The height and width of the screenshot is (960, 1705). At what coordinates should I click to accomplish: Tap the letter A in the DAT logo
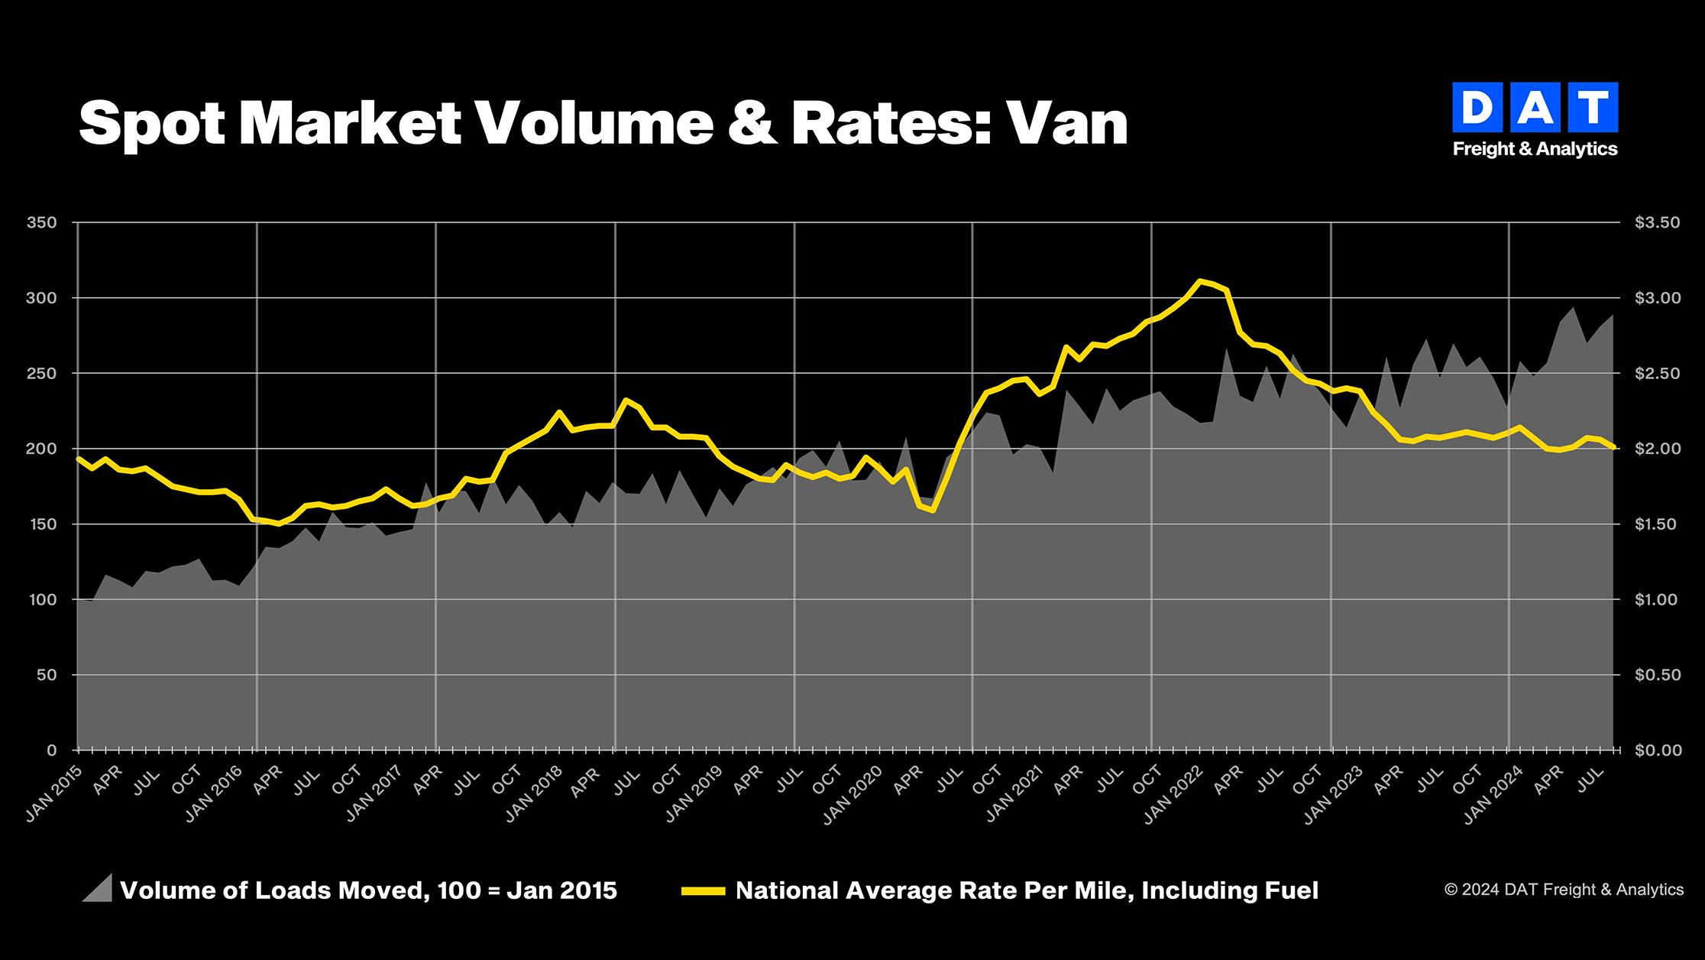point(1535,108)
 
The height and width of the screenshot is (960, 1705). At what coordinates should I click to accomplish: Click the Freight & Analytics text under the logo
point(1535,149)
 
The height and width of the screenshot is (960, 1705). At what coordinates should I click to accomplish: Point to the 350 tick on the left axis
point(41,222)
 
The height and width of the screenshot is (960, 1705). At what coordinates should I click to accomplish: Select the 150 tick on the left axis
point(41,524)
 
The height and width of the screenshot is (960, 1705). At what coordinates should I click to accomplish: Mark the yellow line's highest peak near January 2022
point(1200,281)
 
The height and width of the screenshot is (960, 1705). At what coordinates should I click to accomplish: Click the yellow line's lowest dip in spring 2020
point(933,510)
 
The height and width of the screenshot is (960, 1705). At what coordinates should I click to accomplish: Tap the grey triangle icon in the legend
point(97,888)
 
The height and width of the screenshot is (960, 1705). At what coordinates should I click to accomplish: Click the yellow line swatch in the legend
point(703,891)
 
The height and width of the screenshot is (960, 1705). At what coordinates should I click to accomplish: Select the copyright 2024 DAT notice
point(1564,890)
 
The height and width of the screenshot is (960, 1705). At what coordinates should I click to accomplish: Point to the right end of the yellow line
point(1612,448)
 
